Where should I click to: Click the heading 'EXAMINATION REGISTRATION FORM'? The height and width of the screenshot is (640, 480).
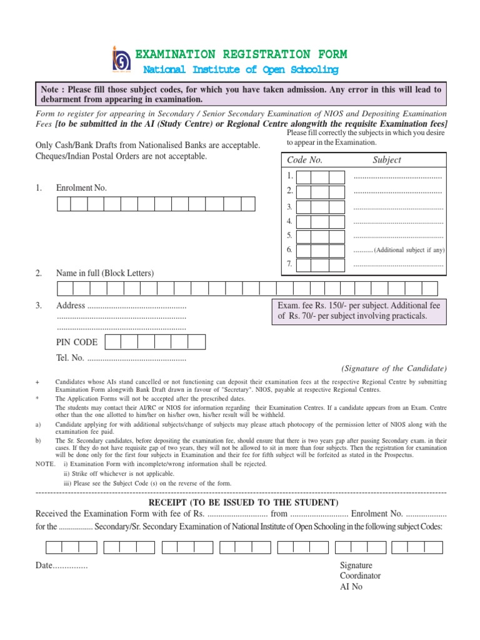[241, 54]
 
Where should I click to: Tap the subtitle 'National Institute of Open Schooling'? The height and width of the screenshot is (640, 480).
[241, 70]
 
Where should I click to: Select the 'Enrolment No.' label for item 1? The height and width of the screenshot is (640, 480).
[81, 187]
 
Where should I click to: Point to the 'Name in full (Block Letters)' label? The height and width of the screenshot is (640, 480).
[105, 273]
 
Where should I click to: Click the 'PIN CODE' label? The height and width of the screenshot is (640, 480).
[77, 342]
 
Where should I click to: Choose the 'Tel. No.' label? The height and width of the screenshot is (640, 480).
[70, 358]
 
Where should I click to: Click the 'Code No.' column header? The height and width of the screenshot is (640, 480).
[304, 160]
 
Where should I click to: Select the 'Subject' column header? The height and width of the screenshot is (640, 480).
[387, 160]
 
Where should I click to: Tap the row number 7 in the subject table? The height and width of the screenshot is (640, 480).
[289, 264]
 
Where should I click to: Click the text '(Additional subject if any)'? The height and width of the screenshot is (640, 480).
[409, 250]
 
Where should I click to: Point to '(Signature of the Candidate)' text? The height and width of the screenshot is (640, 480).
[394, 368]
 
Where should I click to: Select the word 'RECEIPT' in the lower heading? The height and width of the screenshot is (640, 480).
[170, 503]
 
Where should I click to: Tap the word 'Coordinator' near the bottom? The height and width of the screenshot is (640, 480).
[360, 576]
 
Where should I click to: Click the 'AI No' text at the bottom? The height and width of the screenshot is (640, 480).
[351, 587]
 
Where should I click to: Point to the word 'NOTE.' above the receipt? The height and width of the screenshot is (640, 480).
[46, 464]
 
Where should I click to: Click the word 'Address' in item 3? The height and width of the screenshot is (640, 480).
[70, 306]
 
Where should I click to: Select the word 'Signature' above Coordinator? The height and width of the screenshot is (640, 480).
[356, 565]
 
